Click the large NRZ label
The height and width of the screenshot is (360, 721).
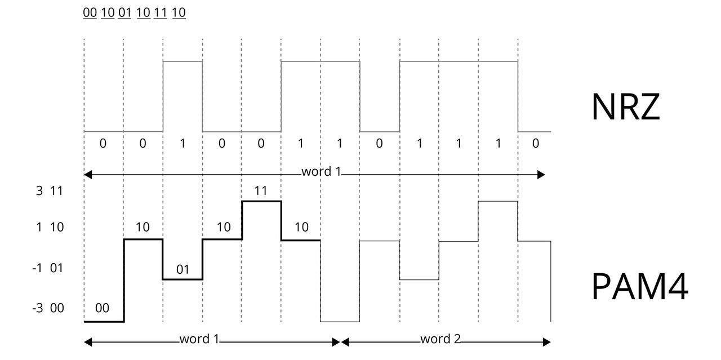click(625, 106)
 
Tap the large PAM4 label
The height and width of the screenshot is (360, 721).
click(640, 286)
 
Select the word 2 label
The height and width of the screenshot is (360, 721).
click(440, 339)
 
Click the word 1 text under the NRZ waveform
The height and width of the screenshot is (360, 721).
click(321, 171)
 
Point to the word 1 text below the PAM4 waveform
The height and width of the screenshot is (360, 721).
click(199, 339)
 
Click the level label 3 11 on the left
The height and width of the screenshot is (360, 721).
click(49, 191)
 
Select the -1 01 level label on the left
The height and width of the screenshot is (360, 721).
click(48, 268)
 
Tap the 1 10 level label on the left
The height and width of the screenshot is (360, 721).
click(50, 227)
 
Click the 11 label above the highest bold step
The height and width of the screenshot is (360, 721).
click(260, 191)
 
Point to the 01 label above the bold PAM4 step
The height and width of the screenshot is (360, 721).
click(183, 269)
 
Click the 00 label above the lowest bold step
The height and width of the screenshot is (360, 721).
click(102, 308)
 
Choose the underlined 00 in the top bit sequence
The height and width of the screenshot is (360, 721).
click(90, 12)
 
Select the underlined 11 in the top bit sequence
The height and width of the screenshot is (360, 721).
click(160, 12)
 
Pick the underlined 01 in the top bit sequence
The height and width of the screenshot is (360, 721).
click(124, 12)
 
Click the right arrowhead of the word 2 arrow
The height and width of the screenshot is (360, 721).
click(547, 342)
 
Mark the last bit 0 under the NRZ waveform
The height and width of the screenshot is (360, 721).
click(535, 144)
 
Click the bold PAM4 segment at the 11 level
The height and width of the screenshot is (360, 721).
click(261, 201)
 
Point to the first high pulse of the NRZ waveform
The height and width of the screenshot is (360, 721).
click(183, 61)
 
